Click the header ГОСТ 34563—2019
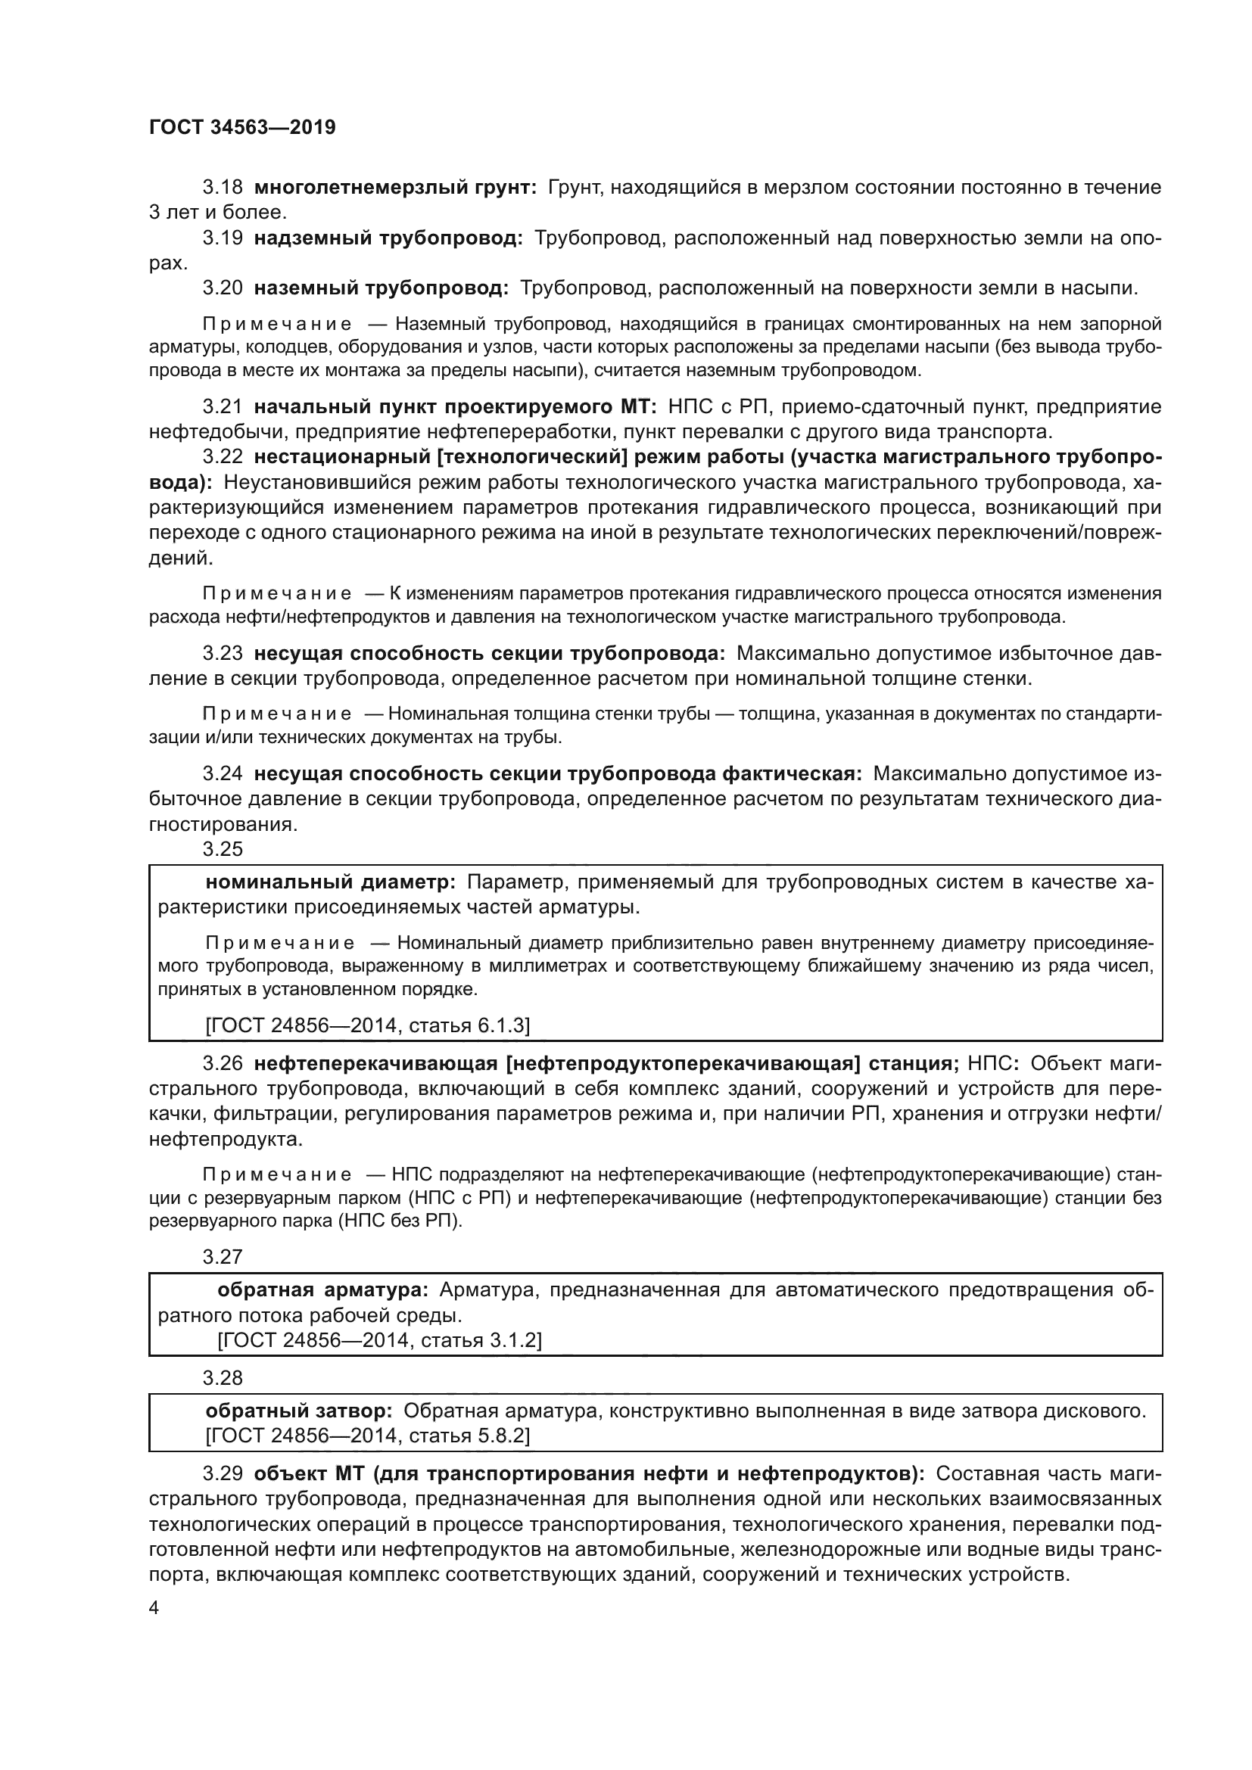tap(242, 128)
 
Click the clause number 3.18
tap(222, 188)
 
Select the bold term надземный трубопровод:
tap(388, 238)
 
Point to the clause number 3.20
tap(222, 288)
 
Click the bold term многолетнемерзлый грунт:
tap(394, 188)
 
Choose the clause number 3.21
tap(222, 406)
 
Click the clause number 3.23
tap(222, 653)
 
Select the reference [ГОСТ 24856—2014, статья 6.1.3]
tap(367, 1025)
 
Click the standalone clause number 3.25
tap(222, 850)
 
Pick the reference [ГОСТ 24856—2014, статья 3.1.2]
tap(379, 1340)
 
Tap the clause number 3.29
tap(222, 1474)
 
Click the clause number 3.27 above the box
tap(222, 1257)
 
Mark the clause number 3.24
tap(222, 773)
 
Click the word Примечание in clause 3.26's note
tap(277, 1175)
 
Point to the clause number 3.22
tap(222, 456)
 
